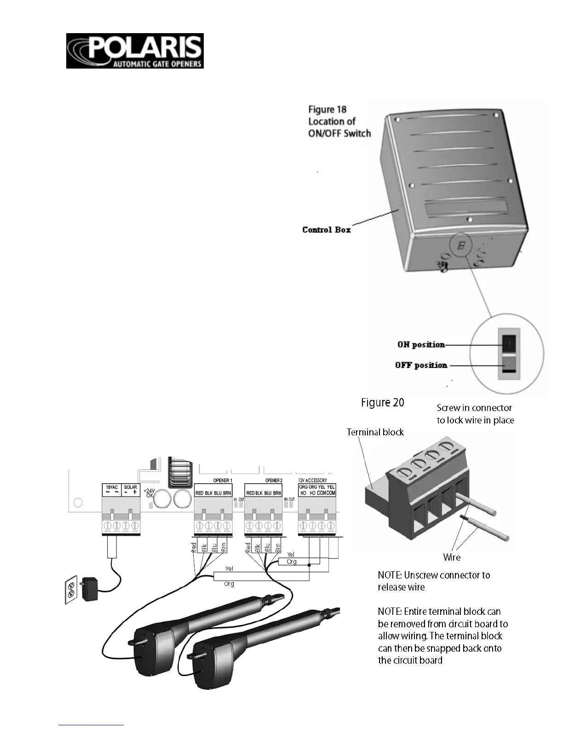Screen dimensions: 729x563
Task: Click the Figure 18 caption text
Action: (327, 110)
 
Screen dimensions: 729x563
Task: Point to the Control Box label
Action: (327, 230)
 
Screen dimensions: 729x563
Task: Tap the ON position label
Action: (421, 345)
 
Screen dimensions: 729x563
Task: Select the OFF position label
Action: (421, 365)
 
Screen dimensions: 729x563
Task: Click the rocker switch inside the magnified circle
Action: (508, 354)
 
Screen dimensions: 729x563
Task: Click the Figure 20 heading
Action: (383, 403)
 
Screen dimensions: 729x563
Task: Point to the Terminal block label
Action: (375, 432)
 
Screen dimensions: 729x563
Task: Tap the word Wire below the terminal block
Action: (452, 557)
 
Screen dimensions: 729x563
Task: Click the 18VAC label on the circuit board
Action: (112, 487)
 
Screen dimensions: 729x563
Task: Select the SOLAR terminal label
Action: (131, 487)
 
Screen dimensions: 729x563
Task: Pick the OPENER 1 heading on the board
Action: (223, 480)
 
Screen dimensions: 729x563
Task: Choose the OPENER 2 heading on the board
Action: (274, 480)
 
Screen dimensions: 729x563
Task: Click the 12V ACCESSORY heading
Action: (312, 480)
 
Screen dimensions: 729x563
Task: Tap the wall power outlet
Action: (71, 591)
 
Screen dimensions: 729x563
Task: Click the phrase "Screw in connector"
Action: (474, 408)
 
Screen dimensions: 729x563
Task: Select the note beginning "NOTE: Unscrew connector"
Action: (434, 581)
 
